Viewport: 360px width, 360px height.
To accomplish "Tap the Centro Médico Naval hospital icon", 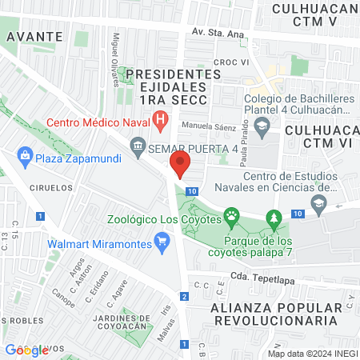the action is (x=160, y=123).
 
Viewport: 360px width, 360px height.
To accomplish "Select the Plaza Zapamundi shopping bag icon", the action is (x=25, y=156).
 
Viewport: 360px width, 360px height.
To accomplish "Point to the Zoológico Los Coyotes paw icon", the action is (x=232, y=214).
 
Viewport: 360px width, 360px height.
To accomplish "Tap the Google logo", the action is (x=26, y=349).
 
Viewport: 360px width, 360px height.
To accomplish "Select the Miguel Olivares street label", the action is (x=118, y=51).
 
